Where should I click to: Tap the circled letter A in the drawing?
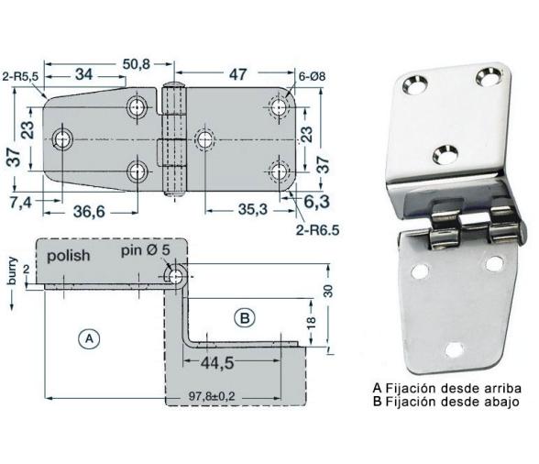[88, 339]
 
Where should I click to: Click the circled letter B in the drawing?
[244, 318]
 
